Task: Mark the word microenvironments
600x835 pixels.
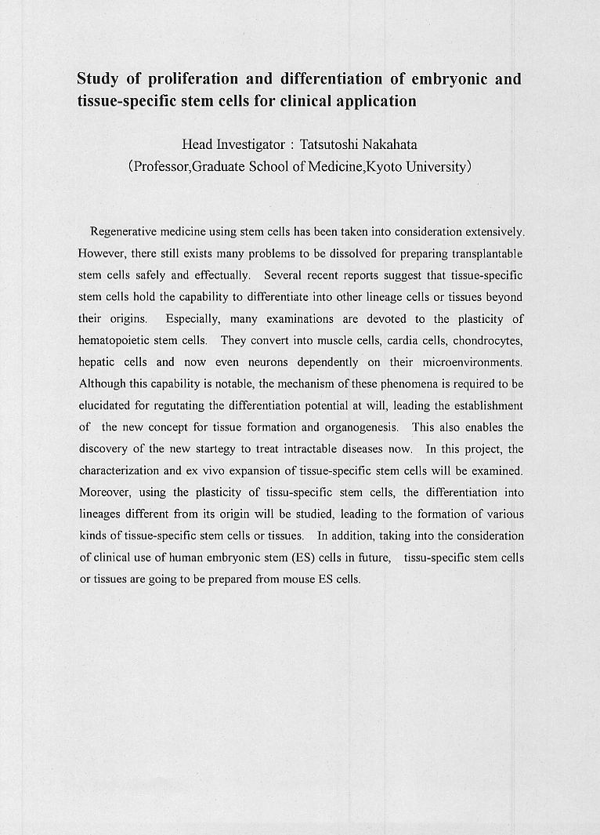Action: click(472, 363)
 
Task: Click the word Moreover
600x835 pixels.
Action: click(105, 493)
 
